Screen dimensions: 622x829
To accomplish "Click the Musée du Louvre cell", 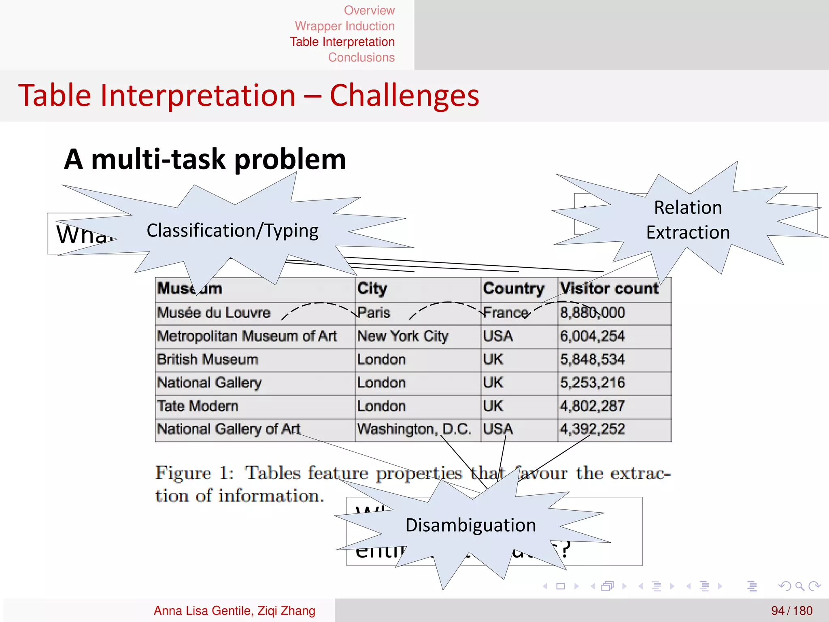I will [214, 313].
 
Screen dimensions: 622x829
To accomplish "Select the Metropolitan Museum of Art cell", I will [247, 336].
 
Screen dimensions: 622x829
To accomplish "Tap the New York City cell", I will [403, 336].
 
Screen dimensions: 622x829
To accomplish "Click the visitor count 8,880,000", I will [592, 313].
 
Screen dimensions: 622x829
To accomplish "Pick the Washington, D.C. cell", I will [414, 429].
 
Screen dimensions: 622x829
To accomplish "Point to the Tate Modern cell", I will [198, 406].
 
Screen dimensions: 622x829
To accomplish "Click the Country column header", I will [514, 288].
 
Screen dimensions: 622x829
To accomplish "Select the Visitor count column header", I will [609, 288].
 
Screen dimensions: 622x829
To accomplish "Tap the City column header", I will [372, 288].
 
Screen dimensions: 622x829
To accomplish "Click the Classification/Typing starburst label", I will [232, 230].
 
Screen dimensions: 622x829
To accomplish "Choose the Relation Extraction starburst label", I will [688, 220].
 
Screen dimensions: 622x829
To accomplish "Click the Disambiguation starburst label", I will [471, 525].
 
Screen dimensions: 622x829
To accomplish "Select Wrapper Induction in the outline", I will [344, 26].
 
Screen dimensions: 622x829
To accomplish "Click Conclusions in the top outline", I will [361, 58].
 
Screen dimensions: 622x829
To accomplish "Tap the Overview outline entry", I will [369, 10].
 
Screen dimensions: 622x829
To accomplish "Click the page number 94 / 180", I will [791, 610].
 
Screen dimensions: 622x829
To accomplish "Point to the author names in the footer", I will [234, 610].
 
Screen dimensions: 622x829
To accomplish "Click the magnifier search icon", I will [799, 586].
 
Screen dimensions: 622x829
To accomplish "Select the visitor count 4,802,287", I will [592, 406].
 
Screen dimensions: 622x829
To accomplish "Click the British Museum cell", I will [207, 360].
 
